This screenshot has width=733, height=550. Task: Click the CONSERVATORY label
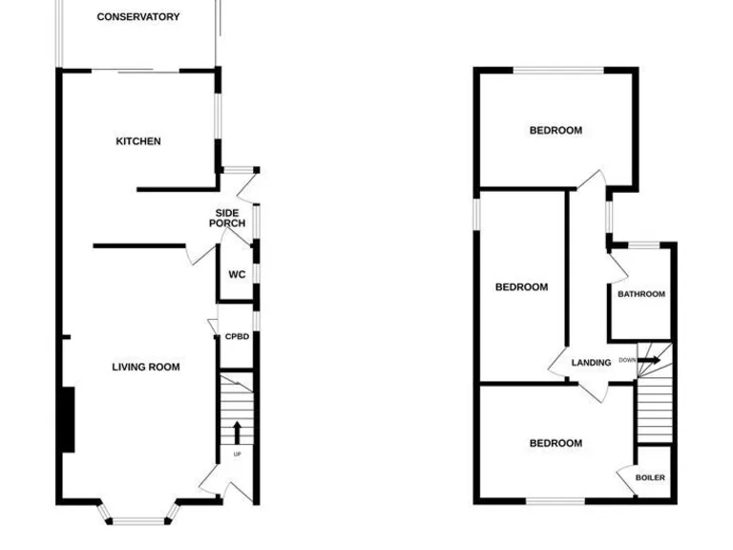pyautogui.click(x=138, y=16)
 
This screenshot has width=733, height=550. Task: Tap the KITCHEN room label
pyautogui.click(x=138, y=141)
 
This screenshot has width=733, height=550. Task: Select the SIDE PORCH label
pyautogui.click(x=227, y=218)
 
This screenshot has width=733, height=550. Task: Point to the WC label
pyautogui.click(x=237, y=275)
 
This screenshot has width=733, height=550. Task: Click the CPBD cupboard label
pyautogui.click(x=237, y=336)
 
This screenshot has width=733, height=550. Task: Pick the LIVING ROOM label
pyautogui.click(x=146, y=367)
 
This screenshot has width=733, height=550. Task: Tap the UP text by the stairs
pyautogui.click(x=237, y=454)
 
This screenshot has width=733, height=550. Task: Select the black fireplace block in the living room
pyautogui.click(x=67, y=418)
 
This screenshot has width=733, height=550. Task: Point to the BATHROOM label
pyautogui.click(x=640, y=294)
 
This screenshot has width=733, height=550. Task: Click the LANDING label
pyautogui.click(x=591, y=363)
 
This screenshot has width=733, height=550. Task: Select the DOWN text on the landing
pyautogui.click(x=627, y=360)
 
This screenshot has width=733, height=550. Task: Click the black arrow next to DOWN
pyautogui.click(x=648, y=360)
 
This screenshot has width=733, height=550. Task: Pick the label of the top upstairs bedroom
pyautogui.click(x=555, y=131)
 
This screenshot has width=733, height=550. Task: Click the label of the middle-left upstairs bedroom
pyautogui.click(x=521, y=287)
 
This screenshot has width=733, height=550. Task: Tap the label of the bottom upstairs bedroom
pyautogui.click(x=555, y=443)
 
